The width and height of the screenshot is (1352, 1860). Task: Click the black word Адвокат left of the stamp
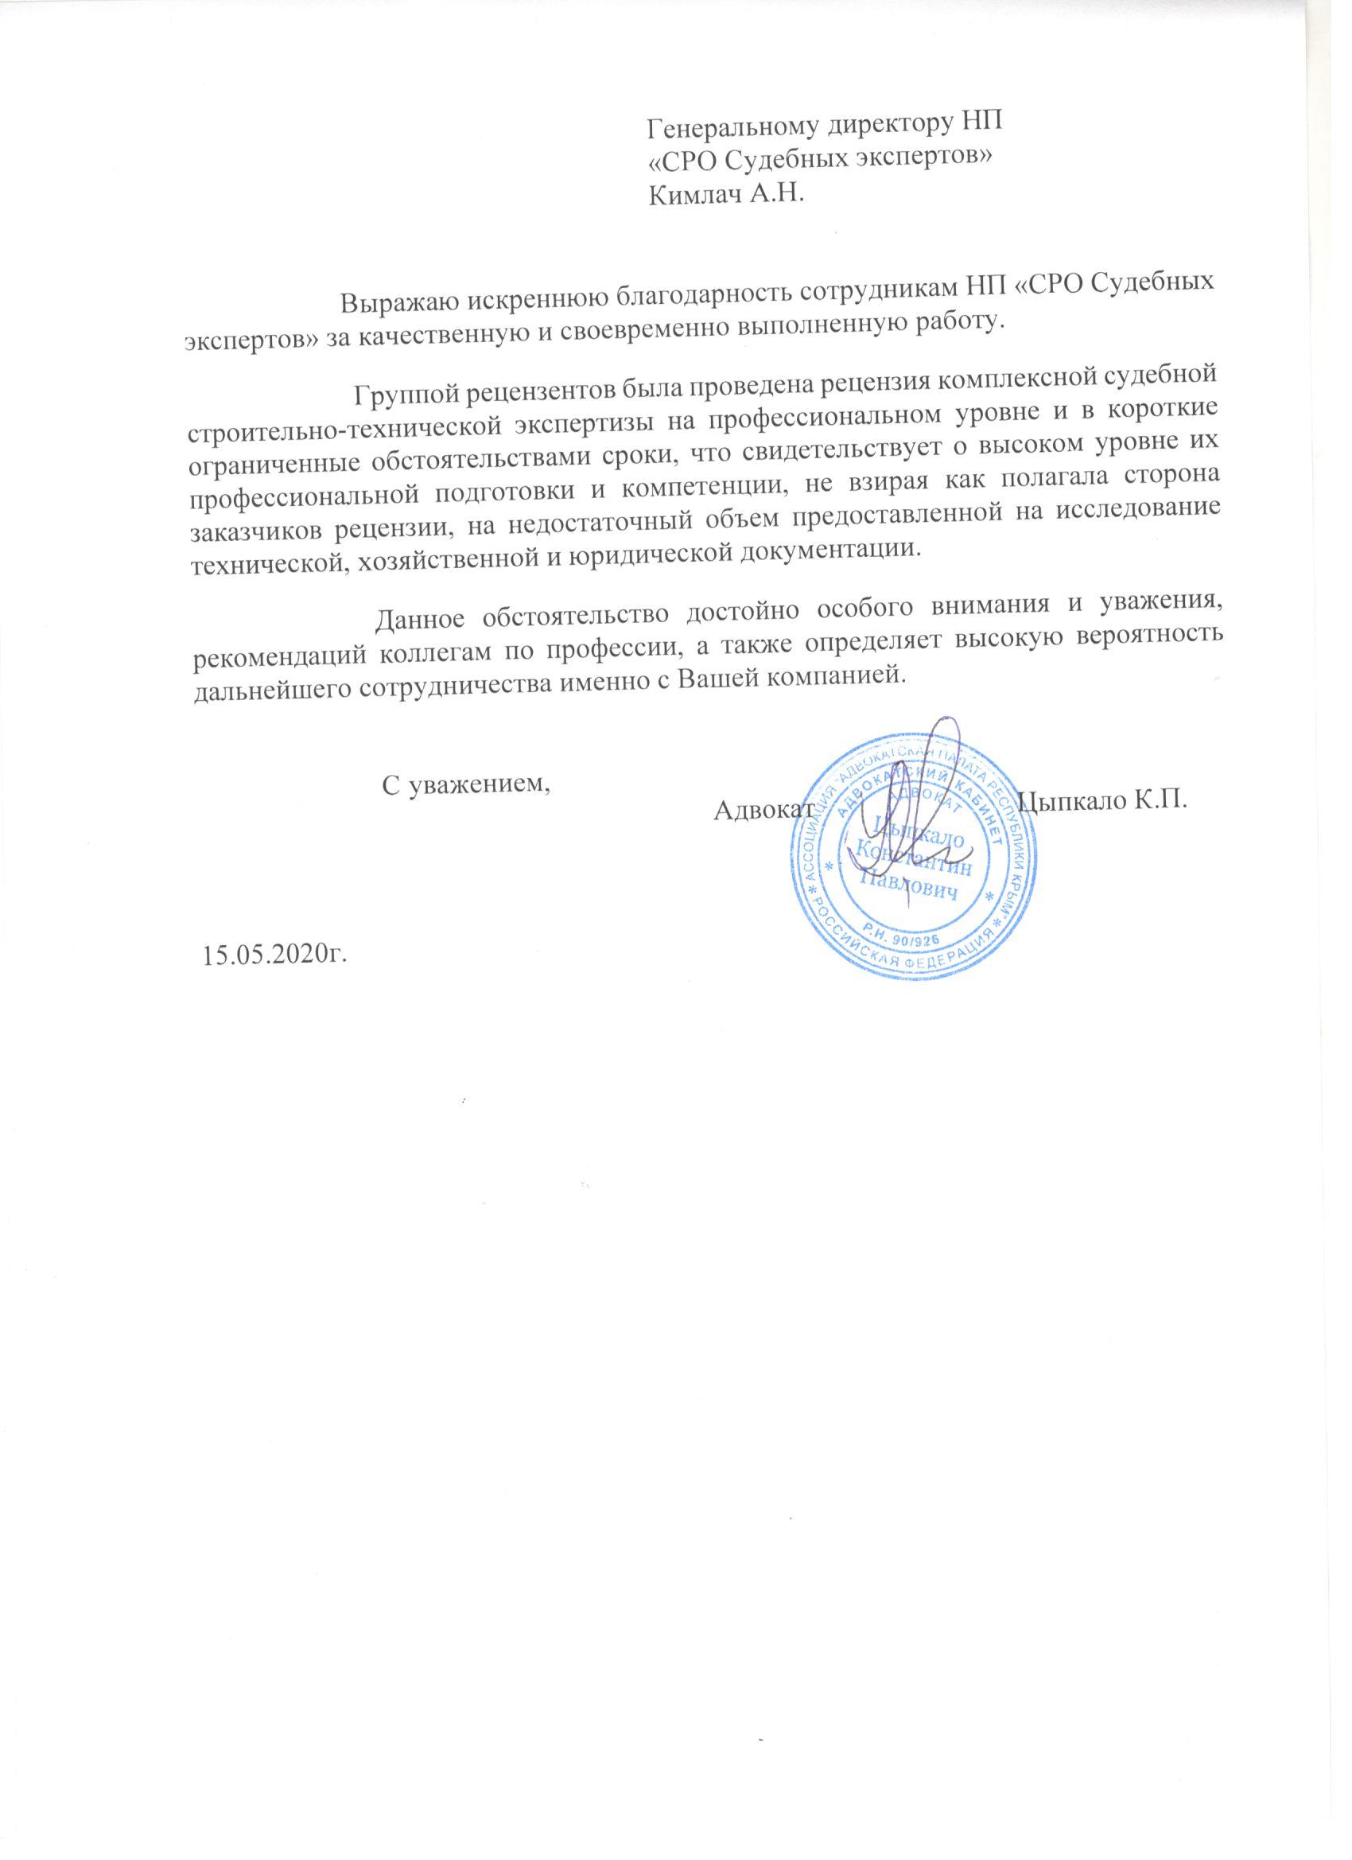(763, 810)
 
